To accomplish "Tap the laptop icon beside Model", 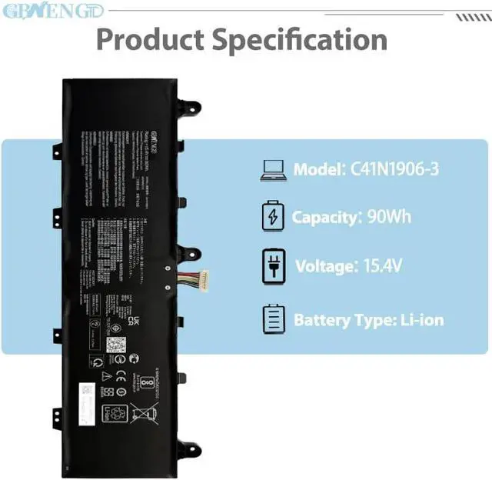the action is [274, 170].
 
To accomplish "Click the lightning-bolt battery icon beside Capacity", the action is [274, 217].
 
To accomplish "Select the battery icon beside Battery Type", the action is [274, 319].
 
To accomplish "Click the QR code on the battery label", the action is [115, 343].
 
